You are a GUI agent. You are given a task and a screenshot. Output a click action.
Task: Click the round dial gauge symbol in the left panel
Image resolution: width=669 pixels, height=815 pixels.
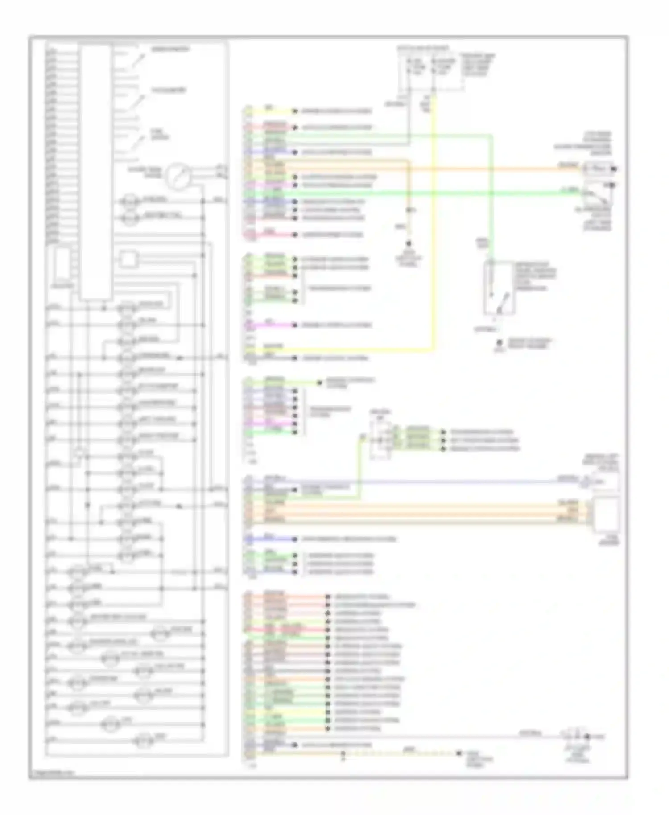coord(178,176)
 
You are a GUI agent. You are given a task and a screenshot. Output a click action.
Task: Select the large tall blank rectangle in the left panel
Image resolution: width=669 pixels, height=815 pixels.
coord(95,172)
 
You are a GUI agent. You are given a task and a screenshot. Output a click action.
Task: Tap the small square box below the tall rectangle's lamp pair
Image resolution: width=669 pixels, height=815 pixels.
coord(128,259)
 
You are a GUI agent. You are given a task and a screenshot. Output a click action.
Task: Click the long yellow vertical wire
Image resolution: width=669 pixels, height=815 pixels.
coord(433,223)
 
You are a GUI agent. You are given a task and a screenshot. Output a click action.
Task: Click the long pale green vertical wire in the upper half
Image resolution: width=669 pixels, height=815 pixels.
coord(491,196)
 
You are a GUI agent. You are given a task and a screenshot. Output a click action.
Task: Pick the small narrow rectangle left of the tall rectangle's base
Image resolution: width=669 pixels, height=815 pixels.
coord(62,263)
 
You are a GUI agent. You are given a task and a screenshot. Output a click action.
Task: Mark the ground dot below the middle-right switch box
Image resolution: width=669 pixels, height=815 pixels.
coord(500,342)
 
